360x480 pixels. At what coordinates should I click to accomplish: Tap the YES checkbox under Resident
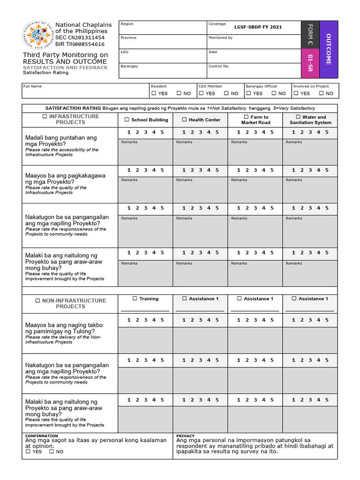click(x=153, y=93)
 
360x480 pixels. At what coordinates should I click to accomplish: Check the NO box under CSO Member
click(x=226, y=93)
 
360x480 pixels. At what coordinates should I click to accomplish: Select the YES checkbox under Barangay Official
click(x=248, y=93)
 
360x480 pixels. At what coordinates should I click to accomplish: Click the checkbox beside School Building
click(x=127, y=120)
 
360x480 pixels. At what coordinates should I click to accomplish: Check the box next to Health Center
click(x=184, y=120)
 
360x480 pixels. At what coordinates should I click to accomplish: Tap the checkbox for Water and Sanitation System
click(x=298, y=117)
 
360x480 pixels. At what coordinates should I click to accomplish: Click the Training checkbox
click(x=135, y=298)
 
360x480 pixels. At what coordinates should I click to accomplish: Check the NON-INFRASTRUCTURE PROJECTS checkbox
click(x=37, y=300)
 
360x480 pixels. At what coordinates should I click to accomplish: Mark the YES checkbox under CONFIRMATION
click(x=28, y=451)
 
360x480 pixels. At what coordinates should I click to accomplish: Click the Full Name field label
click(x=33, y=86)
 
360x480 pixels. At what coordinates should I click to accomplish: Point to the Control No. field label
click(x=219, y=66)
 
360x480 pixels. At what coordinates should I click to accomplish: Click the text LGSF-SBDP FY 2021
click(x=258, y=27)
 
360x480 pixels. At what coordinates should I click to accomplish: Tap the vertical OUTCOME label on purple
click(x=328, y=49)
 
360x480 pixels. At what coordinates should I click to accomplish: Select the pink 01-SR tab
click(x=310, y=63)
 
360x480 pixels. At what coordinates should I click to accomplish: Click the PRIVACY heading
click(x=186, y=436)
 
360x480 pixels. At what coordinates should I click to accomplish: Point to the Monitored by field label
click(x=220, y=37)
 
